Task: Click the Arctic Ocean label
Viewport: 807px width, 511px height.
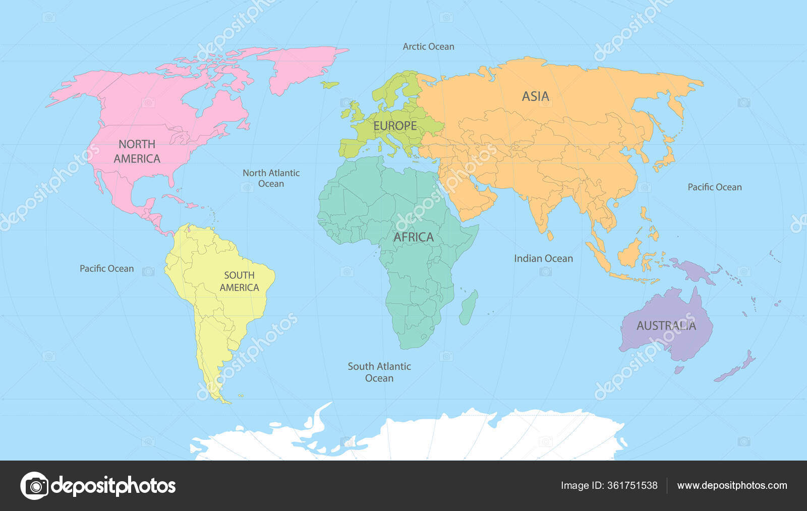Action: click(428, 46)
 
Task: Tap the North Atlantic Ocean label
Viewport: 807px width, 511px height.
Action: click(271, 178)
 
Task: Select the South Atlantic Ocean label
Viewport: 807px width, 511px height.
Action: click(379, 372)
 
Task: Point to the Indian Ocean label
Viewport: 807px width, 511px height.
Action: click(543, 258)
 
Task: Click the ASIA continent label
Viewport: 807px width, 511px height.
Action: click(535, 96)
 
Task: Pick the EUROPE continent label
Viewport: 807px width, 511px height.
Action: click(395, 126)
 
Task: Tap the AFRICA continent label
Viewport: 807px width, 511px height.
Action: click(413, 237)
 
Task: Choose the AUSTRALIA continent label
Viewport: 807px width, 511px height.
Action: click(666, 326)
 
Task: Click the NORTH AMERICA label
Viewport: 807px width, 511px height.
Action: click(137, 151)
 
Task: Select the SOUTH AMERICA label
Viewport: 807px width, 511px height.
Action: click(239, 281)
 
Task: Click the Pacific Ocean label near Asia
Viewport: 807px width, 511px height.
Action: click(714, 187)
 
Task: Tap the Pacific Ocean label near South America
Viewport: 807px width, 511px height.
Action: click(106, 268)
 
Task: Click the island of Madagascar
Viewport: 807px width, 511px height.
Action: click(468, 308)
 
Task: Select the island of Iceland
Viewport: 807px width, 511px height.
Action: click(330, 85)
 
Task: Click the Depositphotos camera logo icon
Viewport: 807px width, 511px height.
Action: click(34, 486)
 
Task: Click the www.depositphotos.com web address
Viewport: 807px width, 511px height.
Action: click(732, 485)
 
